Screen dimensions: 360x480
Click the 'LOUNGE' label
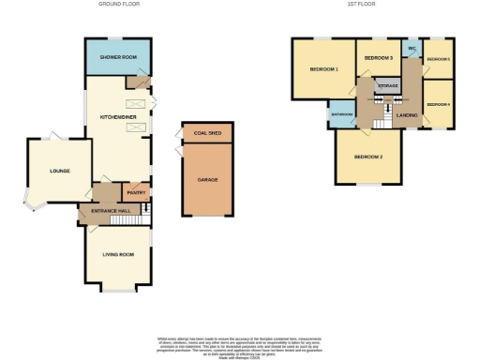(60, 171)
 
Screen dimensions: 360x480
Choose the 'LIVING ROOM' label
(118, 254)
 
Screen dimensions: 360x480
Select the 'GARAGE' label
(207, 179)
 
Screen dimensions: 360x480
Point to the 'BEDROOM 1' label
(322, 70)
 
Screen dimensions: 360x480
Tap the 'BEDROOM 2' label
(369, 157)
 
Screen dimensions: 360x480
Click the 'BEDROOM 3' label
(378, 58)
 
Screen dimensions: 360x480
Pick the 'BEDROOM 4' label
(438, 104)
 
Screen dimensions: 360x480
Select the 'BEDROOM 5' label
(438, 59)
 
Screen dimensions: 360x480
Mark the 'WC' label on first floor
(412, 49)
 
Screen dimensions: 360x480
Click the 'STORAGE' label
(387, 85)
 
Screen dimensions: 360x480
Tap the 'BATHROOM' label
(341, 114)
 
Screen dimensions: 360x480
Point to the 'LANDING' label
(407, 114)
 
